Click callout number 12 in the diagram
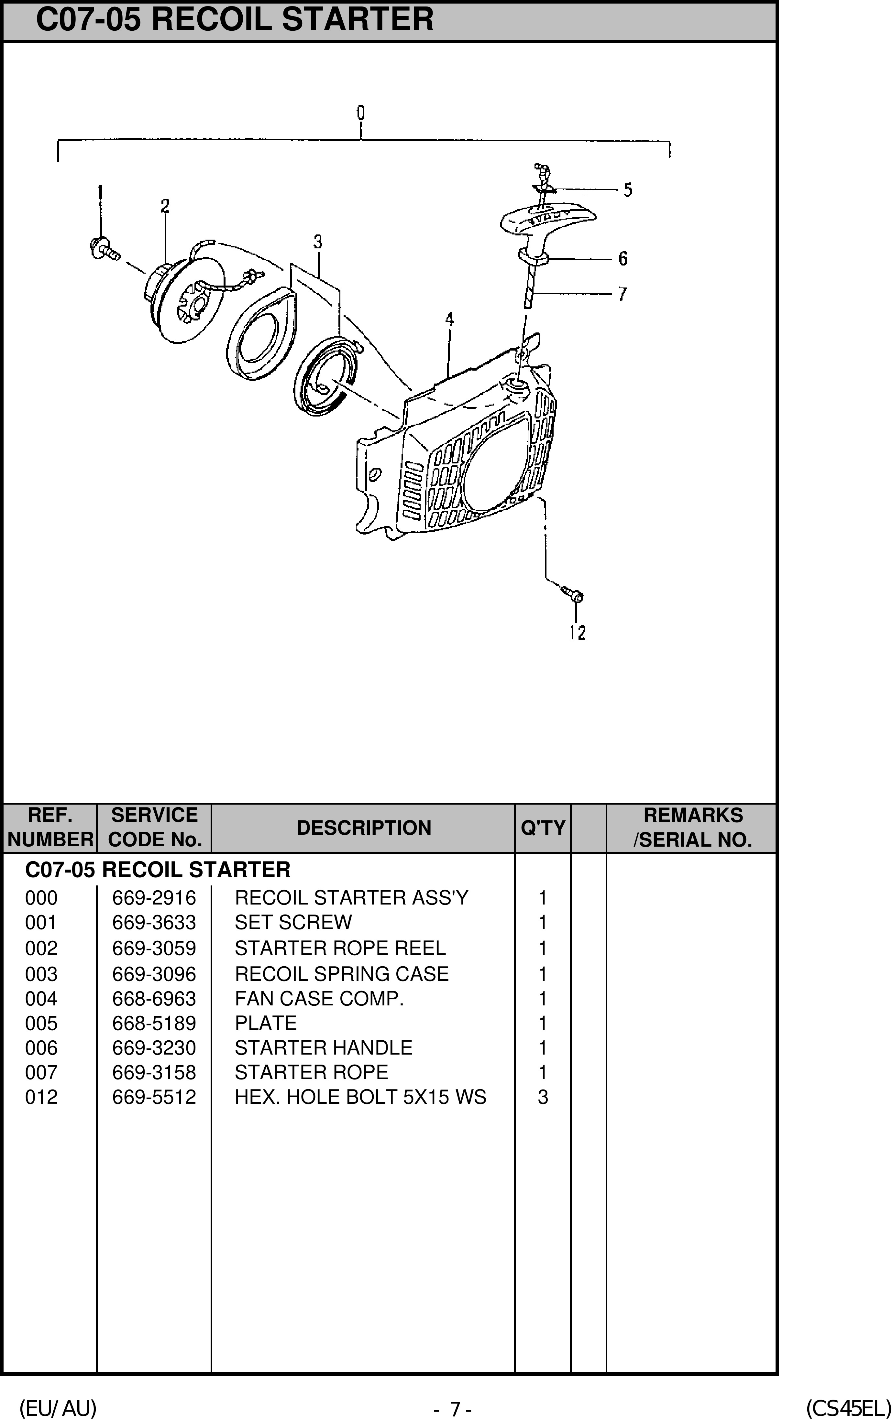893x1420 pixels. click(x=578, y=633)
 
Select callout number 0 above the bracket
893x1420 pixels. click(x=360, y=113)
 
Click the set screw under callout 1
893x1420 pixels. click(x=105, y=249)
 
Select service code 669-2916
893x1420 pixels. click(x=154, y=897)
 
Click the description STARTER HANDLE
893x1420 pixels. click(x=323, y=1047)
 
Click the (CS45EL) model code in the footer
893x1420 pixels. click(x=848, y=1408)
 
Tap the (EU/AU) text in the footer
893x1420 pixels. click(x=58, y=1408)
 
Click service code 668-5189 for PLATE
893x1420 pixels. click(x=154, y=1023)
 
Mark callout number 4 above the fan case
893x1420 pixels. click(x=449, y=320)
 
